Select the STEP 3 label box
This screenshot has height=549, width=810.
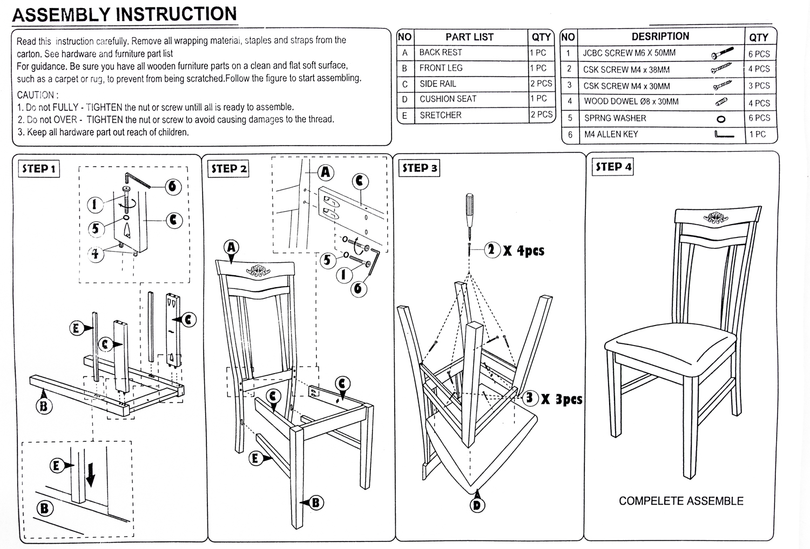tap(419, 168)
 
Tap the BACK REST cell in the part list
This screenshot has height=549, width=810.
tap(441, 52)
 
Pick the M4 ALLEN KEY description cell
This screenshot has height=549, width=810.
tap(611, 134)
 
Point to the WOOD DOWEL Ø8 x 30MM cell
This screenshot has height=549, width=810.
tap(631, 101)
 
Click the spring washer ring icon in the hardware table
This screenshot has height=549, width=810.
tap(720, 119)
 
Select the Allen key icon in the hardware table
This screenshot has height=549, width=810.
tap(724, 134)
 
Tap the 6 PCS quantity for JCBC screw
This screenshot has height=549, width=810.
tap(759, 54)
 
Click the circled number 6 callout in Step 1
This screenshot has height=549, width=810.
tap(173, 186)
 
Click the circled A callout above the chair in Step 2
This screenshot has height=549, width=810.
tap(232, 248)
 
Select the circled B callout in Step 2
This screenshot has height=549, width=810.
tap(316, 503)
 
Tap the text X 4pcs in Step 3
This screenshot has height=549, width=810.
tap(523, 251)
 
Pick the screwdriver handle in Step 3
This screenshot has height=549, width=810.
tap(470, 206)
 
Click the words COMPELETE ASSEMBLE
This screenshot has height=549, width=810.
tap(681, 501)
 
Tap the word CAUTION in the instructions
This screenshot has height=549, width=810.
tap(36, 95)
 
